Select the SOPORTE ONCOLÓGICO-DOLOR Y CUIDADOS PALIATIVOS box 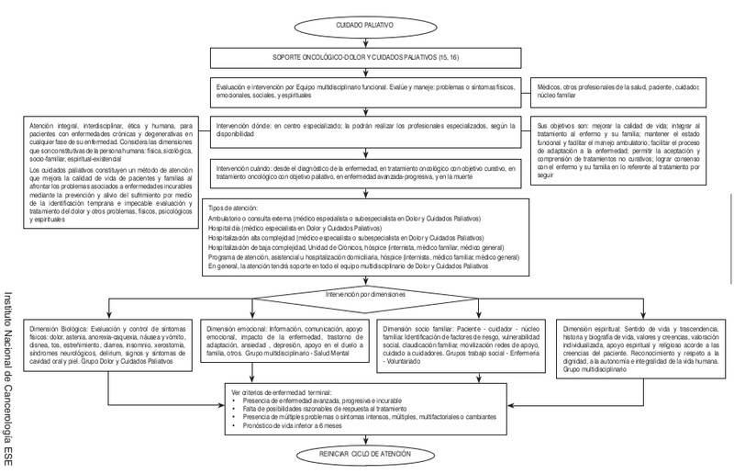366,57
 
